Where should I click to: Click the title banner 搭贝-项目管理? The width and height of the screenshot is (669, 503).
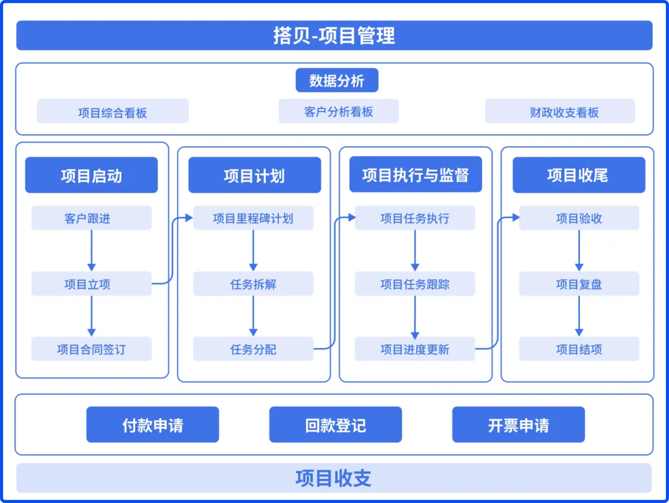click(x=334, y=35)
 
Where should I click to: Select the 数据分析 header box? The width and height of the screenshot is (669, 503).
click(x=337, y=80)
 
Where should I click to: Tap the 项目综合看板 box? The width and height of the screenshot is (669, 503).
click(x=113, y=111)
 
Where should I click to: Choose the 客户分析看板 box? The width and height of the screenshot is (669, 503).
click(x=339, y=111)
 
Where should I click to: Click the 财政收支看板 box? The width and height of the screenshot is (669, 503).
click(x=560, y=111)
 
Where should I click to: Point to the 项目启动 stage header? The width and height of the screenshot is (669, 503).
click(x=91, y=175)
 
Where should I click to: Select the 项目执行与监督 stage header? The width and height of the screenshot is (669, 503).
click(x=415, y=174)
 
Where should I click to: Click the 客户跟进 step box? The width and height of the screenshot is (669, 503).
click(x=91, y=218)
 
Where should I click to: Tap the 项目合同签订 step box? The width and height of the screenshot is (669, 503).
click(x=91, y=349)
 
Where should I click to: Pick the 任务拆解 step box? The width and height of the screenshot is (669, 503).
click(x=253, y=284)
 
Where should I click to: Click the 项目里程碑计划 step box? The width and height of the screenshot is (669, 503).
click(x=253, y=218)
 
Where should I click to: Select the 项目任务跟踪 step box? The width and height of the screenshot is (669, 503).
click(x=415, y=284)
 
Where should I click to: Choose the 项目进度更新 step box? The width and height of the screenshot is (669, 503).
click(x=415, y=349)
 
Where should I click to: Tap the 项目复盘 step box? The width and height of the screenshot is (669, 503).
click(x=579, y=284)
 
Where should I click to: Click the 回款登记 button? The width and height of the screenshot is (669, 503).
click(x=335, y=424)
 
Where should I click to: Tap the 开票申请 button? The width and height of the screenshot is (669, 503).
click(x=518, y=424)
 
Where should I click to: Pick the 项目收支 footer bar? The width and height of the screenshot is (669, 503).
click(x=334, y=478)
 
